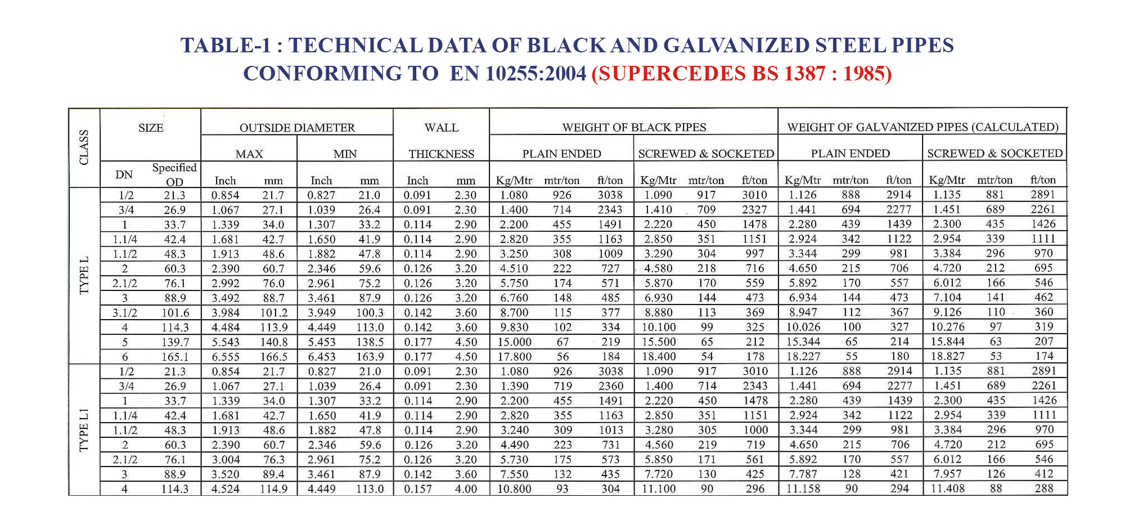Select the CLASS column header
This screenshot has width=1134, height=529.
point(84,147)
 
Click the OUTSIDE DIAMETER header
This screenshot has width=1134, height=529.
point(297,128)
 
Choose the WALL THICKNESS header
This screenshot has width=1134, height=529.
point(442,141)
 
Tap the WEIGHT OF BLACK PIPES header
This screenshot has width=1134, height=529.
point(634,127)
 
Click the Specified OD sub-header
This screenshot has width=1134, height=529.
point(174,174)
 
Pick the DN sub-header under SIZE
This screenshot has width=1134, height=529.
point(124,175)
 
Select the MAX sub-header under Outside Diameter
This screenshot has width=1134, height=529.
point(249,154)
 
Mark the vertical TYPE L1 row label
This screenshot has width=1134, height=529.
point(84,431)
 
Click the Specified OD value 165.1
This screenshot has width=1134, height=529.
point(175,357)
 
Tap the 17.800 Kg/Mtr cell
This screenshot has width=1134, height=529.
point(514,357)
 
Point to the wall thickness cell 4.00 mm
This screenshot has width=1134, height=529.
point(466,489)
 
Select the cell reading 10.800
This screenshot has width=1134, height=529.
point(514,489)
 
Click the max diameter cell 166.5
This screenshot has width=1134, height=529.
point(274,357)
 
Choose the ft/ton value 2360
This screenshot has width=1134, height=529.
point(610,386)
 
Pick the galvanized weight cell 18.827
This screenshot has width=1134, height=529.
point(947,356)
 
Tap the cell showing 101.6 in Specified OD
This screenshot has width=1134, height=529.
point(175,313)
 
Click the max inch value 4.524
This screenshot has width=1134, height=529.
point(225,489)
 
